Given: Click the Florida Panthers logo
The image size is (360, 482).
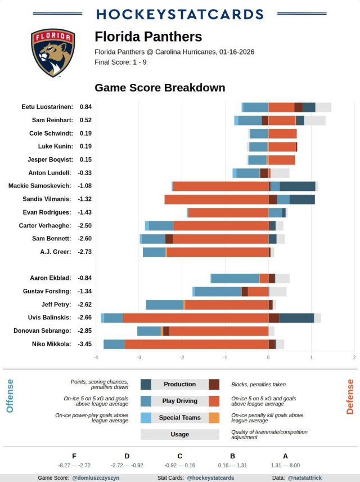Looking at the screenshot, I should tap(53, 53).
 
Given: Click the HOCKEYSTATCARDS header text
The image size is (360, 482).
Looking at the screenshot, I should tap(180, 14).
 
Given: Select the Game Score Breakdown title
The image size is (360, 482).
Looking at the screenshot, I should tap(160, 88).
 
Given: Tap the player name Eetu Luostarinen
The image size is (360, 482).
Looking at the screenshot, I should tap(47, 106).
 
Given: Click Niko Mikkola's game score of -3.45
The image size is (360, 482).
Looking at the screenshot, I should tap(85, 344).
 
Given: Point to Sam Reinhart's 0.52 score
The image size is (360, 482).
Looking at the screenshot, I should tap(85, 120).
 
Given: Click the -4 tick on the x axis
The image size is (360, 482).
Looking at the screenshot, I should tap(96, 358).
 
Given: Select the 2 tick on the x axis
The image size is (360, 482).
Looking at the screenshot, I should tap(354, 358).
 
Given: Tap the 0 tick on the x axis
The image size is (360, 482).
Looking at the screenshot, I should tap(268, 358).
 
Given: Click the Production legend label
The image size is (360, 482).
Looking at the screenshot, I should tap(179, 385).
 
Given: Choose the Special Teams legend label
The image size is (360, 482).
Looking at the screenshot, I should tap(179, 418).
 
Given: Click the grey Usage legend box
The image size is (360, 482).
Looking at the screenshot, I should tap(179, 435).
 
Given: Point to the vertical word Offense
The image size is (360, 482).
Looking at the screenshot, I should tap(10, 396).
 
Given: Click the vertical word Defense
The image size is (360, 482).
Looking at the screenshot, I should tap(350, 396).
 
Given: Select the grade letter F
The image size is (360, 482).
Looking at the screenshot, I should tap(74, 456).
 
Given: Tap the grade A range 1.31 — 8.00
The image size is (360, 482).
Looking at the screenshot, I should tap(286, 465).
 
